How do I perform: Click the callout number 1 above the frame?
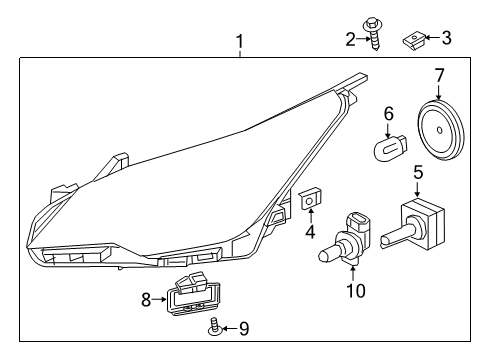[x=239, y=41]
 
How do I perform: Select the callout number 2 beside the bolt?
[x=349, y=39]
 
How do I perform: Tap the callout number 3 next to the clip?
[x=446, y=39]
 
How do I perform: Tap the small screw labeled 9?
[x=215, y=327]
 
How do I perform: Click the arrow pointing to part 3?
[x=430, y=40]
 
